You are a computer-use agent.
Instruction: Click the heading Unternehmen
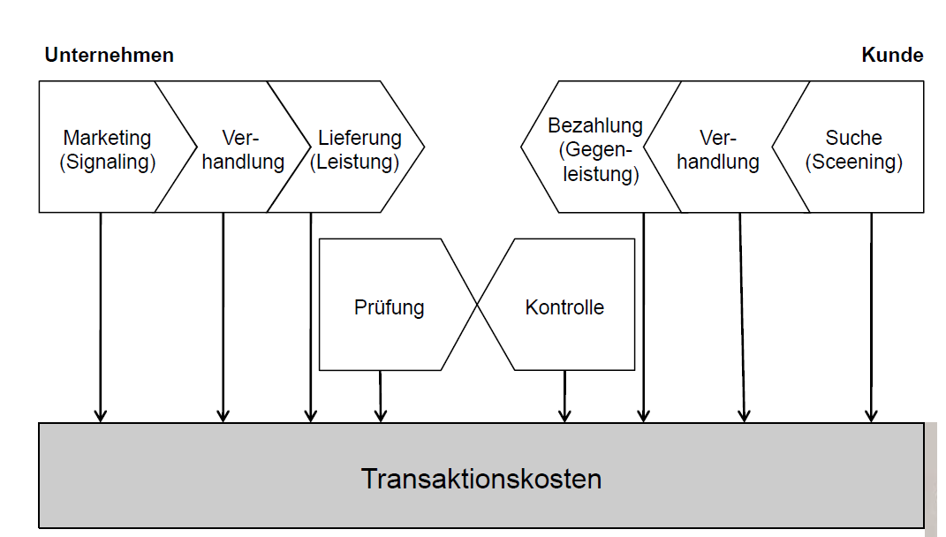pyautogui.click(x=109, y=56)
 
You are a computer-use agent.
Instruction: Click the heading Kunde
pyautogui.click(x=892, y=56)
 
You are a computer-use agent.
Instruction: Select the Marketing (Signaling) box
pyautogui.click(x=107, y=150)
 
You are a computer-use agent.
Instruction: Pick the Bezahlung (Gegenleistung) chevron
pyautogui.click(x=594, y=149)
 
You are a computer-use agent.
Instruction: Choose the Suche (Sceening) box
pyautogui.click(x=853, y=150)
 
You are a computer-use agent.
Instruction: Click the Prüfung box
pyautogui.click(x=389, y=307)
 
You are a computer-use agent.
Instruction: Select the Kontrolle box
pyautogui.click(x=564, y=307)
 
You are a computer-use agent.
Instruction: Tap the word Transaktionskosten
pyautogui.click(x=481, y=479)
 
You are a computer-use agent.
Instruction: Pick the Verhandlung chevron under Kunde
pyautogui.click(x=717, y=150)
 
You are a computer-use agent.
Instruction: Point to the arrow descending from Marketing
pyautogui.click(x=101, y=318)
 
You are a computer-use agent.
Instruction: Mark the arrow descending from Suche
pyautogui.click(x=872, y=318)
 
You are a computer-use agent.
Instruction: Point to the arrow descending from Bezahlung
pyautogui.click(x=643, y=318)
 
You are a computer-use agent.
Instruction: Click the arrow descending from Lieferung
pyautogui.click(x=311, y=318)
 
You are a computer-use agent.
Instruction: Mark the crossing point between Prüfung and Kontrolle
pyautogui.click(x=478, y=305)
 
